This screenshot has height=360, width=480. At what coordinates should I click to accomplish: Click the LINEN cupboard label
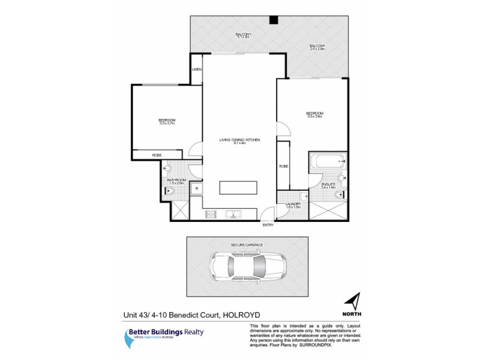[196, 70]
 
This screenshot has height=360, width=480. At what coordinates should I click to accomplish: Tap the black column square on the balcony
[273, 20]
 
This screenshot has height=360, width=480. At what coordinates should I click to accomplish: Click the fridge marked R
[195, 188]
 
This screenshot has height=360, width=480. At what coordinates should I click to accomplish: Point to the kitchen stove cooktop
[211, 214]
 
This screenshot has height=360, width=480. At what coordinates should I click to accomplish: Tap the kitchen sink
[233, 214]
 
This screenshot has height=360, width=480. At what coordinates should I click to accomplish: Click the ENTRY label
[268, 225]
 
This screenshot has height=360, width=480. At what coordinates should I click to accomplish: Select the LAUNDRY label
[293, 204]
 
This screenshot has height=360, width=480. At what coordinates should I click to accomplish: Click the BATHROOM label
[176, 180]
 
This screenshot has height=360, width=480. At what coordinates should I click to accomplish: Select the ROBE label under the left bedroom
[157, 155]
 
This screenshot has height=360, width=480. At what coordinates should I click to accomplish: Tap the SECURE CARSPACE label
[247, 245]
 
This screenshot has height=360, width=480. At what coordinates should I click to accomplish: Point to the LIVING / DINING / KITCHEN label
[239, 140]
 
